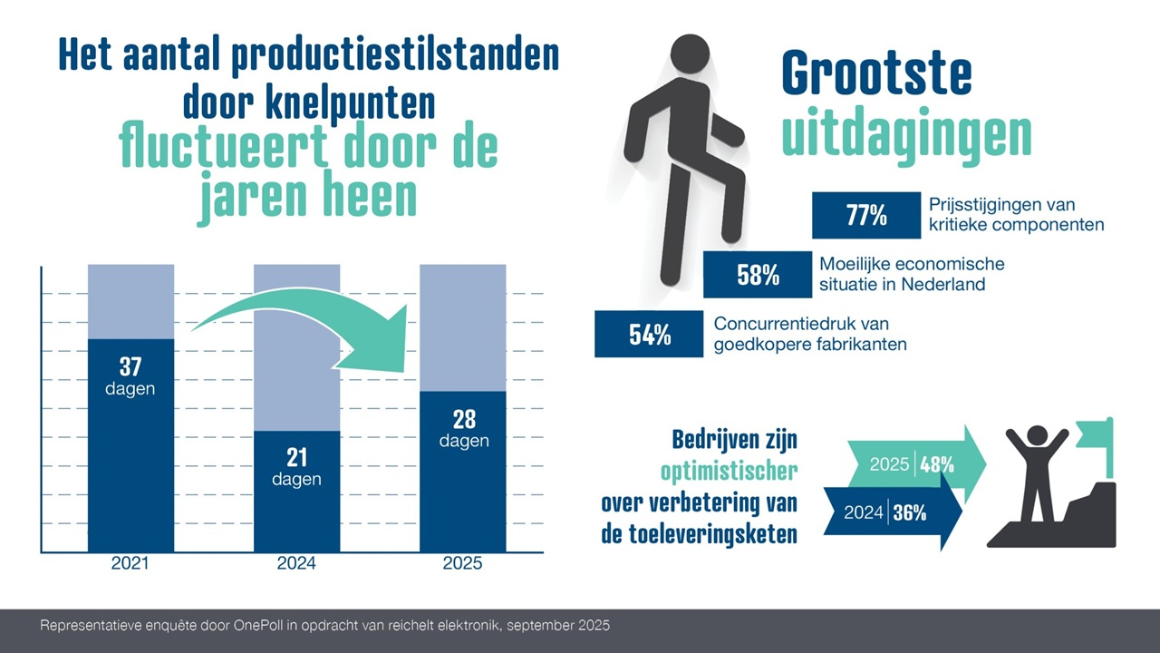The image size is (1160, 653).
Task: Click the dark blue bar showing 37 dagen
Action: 130,444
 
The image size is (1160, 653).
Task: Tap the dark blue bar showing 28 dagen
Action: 462,472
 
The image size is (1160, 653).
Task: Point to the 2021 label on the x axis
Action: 130,563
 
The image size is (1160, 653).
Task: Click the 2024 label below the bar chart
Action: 296,563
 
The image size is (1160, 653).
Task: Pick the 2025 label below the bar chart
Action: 462,563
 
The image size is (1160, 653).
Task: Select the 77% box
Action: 866,216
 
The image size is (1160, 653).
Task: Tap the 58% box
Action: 758,275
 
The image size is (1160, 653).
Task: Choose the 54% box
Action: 649,334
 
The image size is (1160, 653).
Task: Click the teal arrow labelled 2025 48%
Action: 915,464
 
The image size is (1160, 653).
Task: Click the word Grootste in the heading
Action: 875,74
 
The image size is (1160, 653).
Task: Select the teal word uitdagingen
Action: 906,134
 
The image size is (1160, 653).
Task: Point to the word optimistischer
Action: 729,471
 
